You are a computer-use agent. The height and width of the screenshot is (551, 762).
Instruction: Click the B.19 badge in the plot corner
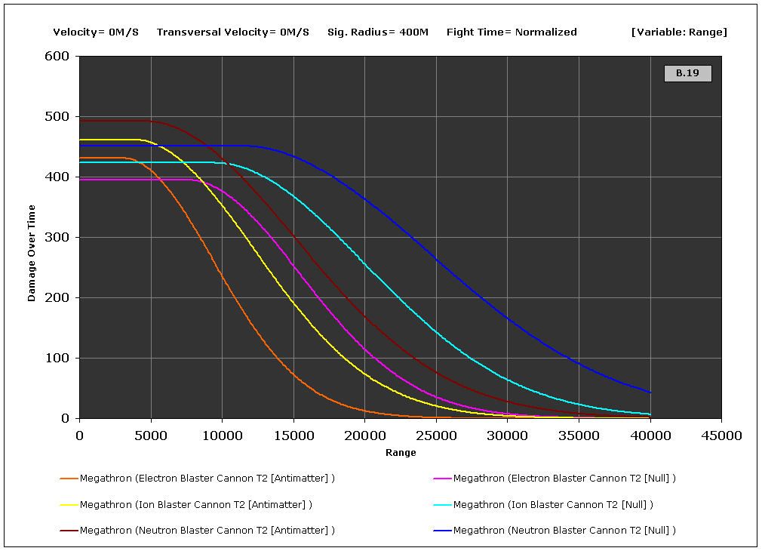pos(687,73)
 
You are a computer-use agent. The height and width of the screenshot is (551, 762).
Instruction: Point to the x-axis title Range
pos(401,453)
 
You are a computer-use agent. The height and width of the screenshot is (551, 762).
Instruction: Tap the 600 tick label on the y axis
pos(57,57)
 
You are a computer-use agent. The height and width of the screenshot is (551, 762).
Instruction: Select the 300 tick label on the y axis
pos(57,238)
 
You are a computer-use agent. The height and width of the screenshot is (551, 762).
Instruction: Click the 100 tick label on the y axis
pos(57,359)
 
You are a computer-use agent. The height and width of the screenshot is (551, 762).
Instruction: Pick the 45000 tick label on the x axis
pos(721,436)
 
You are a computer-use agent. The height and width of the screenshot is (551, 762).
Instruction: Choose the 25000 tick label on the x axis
pos(435,436)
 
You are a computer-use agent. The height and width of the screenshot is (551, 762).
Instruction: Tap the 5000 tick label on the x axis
pos(151,436)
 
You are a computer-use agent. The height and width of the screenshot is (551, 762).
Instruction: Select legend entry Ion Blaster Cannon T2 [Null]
pos(552,504)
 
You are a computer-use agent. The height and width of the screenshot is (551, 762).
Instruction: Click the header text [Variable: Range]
pos(679,32)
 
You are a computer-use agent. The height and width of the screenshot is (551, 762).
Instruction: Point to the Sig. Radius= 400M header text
pos(378,32)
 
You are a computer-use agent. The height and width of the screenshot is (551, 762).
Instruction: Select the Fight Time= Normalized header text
pos(512,32)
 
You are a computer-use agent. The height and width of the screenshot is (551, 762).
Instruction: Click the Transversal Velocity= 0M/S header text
pos(233,32)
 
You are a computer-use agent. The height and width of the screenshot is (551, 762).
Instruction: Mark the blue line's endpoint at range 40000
pos(650,392)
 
